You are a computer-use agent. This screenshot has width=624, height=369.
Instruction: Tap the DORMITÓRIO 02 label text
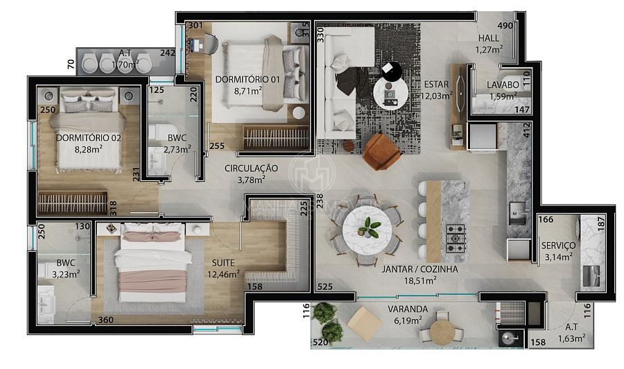tap(89, 137)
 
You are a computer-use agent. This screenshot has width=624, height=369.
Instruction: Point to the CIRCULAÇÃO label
tap(250, 169)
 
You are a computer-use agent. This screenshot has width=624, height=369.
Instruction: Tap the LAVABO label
tap(503, 85)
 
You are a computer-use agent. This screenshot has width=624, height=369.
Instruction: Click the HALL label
tap(489, 38)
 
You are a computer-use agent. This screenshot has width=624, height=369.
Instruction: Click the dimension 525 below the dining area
tap(324, 286)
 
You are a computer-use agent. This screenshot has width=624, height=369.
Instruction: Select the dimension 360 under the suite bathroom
tap(105, 320)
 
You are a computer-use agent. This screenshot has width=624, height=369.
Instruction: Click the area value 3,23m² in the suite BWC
tap(67, 273)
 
